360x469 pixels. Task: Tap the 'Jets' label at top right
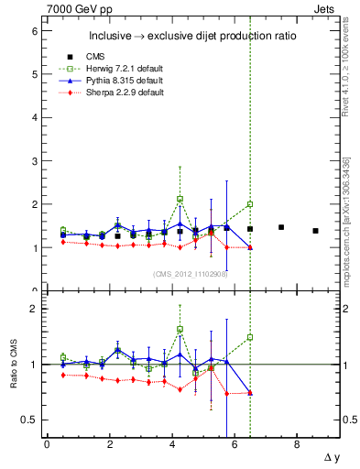(326, 8)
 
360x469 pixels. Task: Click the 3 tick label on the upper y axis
(35, 161)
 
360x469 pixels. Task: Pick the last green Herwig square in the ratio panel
(250, 337)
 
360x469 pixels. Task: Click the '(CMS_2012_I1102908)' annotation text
(190, 273)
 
